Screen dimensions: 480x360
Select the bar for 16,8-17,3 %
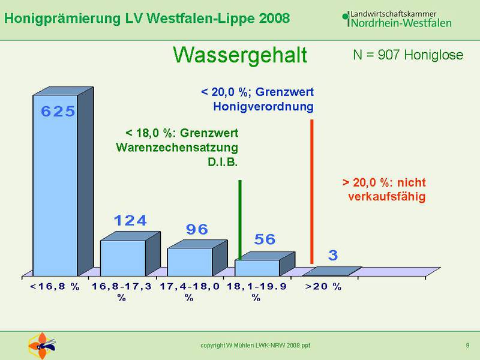[130, 254]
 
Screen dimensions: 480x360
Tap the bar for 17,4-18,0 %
[197, 258]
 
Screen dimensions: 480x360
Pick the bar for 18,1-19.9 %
[265, 264]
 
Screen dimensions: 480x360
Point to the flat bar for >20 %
[332, 271]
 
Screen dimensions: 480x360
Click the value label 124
[130, 220]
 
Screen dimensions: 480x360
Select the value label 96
[197, 229]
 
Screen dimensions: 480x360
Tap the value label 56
[265, 239]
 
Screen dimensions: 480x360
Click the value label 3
[333, 255]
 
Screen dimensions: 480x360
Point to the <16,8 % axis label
[55, 287]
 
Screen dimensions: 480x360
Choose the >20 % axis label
[323, 287]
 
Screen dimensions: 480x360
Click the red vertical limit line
[312, 191]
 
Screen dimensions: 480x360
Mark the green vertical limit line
[240, 220]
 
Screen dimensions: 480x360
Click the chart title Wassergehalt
[240, 55]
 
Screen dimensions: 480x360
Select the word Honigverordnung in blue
[263, 107]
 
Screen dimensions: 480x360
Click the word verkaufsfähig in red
[387, 197]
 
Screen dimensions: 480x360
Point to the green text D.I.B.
[223, 162]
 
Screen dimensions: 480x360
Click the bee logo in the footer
[42, 346]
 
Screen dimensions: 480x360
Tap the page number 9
[468, 346]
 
